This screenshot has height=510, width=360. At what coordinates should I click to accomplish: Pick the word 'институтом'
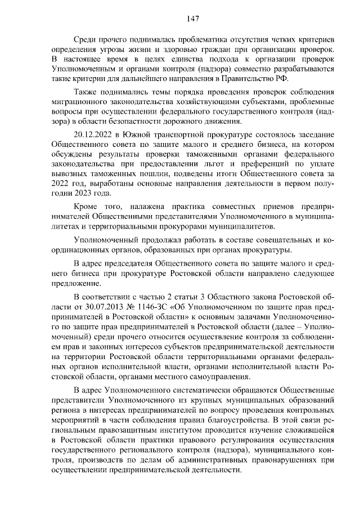(166, 429)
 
